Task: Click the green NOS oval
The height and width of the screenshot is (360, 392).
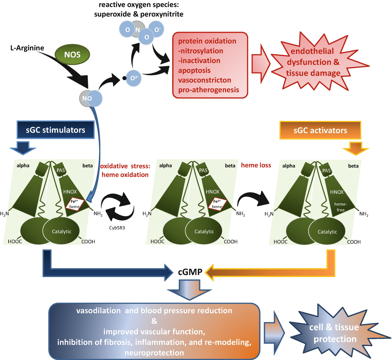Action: coord(72,54)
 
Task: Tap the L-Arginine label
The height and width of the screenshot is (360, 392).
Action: coord(27,48)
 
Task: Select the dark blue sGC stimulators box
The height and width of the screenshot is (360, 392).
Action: coord(56,130)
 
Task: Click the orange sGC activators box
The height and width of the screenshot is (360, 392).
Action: coord(320,130)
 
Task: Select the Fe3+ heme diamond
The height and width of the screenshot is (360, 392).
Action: coord(217,204)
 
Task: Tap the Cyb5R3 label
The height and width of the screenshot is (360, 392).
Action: coord(117,228)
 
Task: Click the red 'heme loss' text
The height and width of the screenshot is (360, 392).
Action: coord(256,165)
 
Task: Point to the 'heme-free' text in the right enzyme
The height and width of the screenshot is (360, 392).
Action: coord(340,207)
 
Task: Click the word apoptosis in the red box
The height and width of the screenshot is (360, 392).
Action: coord(194,70)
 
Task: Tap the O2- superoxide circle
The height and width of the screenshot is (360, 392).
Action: coord(133,78)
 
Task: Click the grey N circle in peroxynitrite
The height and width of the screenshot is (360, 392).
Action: coord(138,29)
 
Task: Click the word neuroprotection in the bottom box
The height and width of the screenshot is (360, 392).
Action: coord(154,353)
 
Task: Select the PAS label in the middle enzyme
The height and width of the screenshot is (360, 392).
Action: coord(203,170)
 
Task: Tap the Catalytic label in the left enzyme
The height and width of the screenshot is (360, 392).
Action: coord(62,231)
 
